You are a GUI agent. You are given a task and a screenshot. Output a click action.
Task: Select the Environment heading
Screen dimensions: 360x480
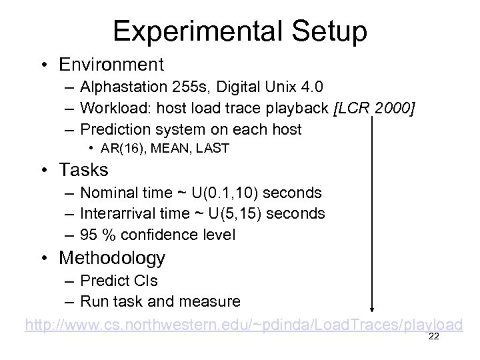click(x=111, y=65)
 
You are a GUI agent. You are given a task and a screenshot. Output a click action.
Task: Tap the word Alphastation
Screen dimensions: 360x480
click(x=123, y=87)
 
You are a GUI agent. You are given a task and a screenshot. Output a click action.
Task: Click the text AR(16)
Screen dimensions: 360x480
click(x=125, y=149)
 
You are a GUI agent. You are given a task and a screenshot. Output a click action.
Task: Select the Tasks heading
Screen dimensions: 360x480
click(x=83, y=171)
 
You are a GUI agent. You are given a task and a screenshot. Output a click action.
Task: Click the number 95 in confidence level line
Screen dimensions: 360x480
click(x=89, y=235)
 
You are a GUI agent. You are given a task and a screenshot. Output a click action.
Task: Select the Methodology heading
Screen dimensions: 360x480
click(x=112, y=257)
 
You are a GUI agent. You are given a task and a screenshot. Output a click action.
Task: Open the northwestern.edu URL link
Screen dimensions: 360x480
click(x=243, y=325)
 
